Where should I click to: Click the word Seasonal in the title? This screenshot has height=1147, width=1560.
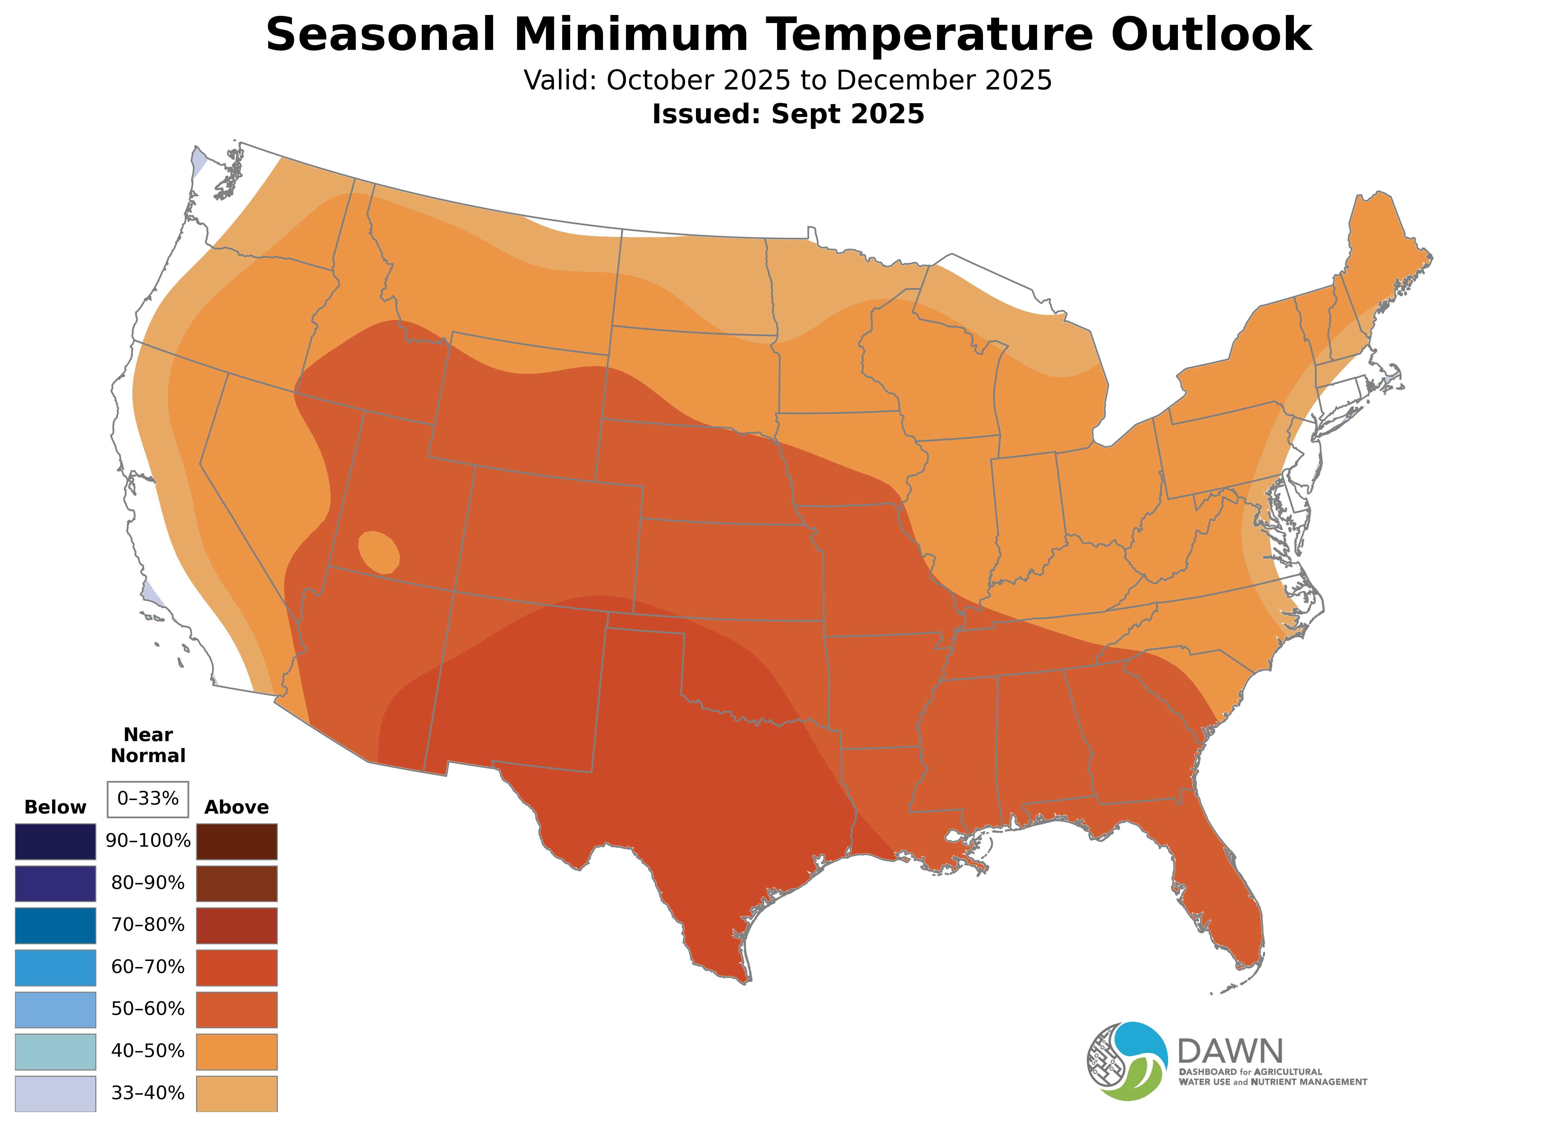coord(380,35)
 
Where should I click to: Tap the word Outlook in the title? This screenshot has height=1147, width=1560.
coord(1211,35)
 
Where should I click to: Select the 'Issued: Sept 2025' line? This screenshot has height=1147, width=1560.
coord(788,114)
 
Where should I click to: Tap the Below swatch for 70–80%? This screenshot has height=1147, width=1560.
coord(56,925)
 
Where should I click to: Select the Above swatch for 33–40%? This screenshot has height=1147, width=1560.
coord(237,1093)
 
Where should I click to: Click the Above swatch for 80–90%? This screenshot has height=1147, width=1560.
coord(237,883)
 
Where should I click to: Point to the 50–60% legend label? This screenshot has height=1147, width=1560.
coord(148,1009)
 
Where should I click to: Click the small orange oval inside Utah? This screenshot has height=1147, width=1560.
coord(379,552)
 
